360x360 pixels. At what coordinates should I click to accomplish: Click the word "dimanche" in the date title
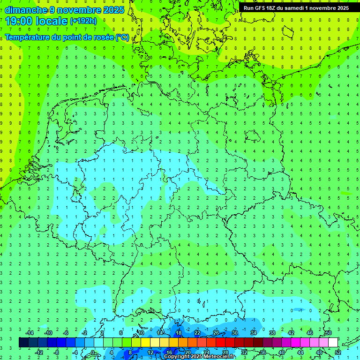click(26, 10)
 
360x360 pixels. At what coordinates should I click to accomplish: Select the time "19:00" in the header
click(19, 21)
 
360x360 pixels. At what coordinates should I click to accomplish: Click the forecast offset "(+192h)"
click(83, 21)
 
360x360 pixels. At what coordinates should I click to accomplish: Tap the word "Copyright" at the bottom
click(178, 357)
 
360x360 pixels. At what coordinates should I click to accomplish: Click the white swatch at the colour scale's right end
click(333, 343)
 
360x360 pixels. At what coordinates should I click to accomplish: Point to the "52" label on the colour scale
click(338, 352)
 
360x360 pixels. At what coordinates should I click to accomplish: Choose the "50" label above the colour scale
click(328, 333)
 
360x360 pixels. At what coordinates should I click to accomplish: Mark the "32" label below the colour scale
click(244, 352)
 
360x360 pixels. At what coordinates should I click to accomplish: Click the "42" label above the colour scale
click(291, 333)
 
